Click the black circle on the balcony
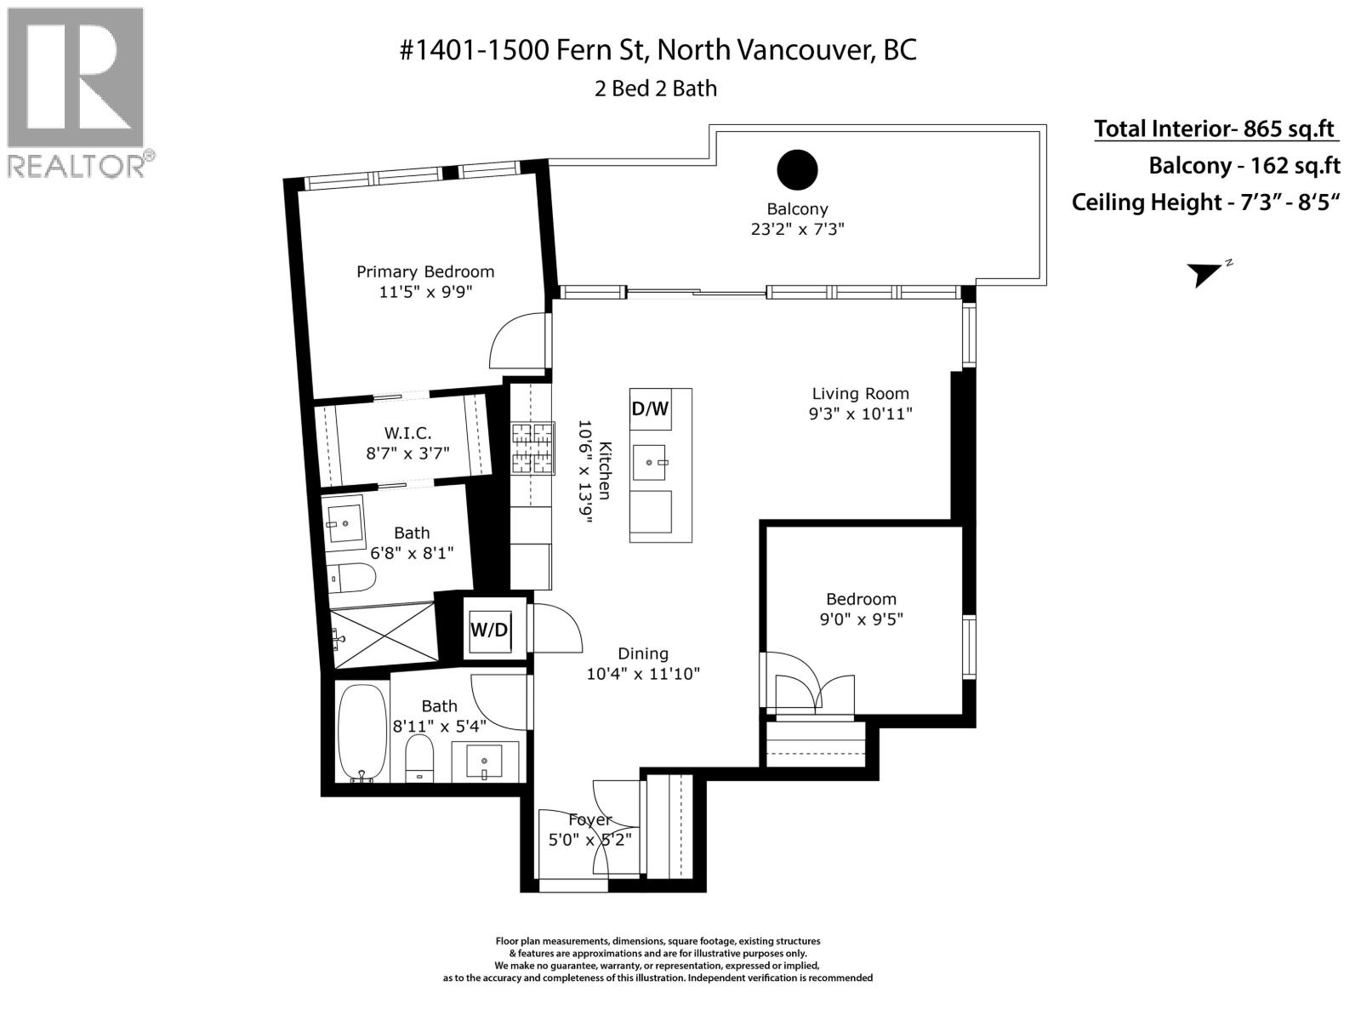tap(797, 169)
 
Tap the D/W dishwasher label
tap(650, 409)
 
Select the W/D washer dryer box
tap(489, 630)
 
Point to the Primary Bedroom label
tap(424, 272)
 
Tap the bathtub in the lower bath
tap(362, 732)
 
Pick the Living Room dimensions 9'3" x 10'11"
tap(860, 414)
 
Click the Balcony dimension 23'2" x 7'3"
tap(797, 229)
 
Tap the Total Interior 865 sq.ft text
tap(1215, 129)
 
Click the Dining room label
tap(642, 653)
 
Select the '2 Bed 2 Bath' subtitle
tap(655, 88)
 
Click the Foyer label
tap(589, 820)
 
